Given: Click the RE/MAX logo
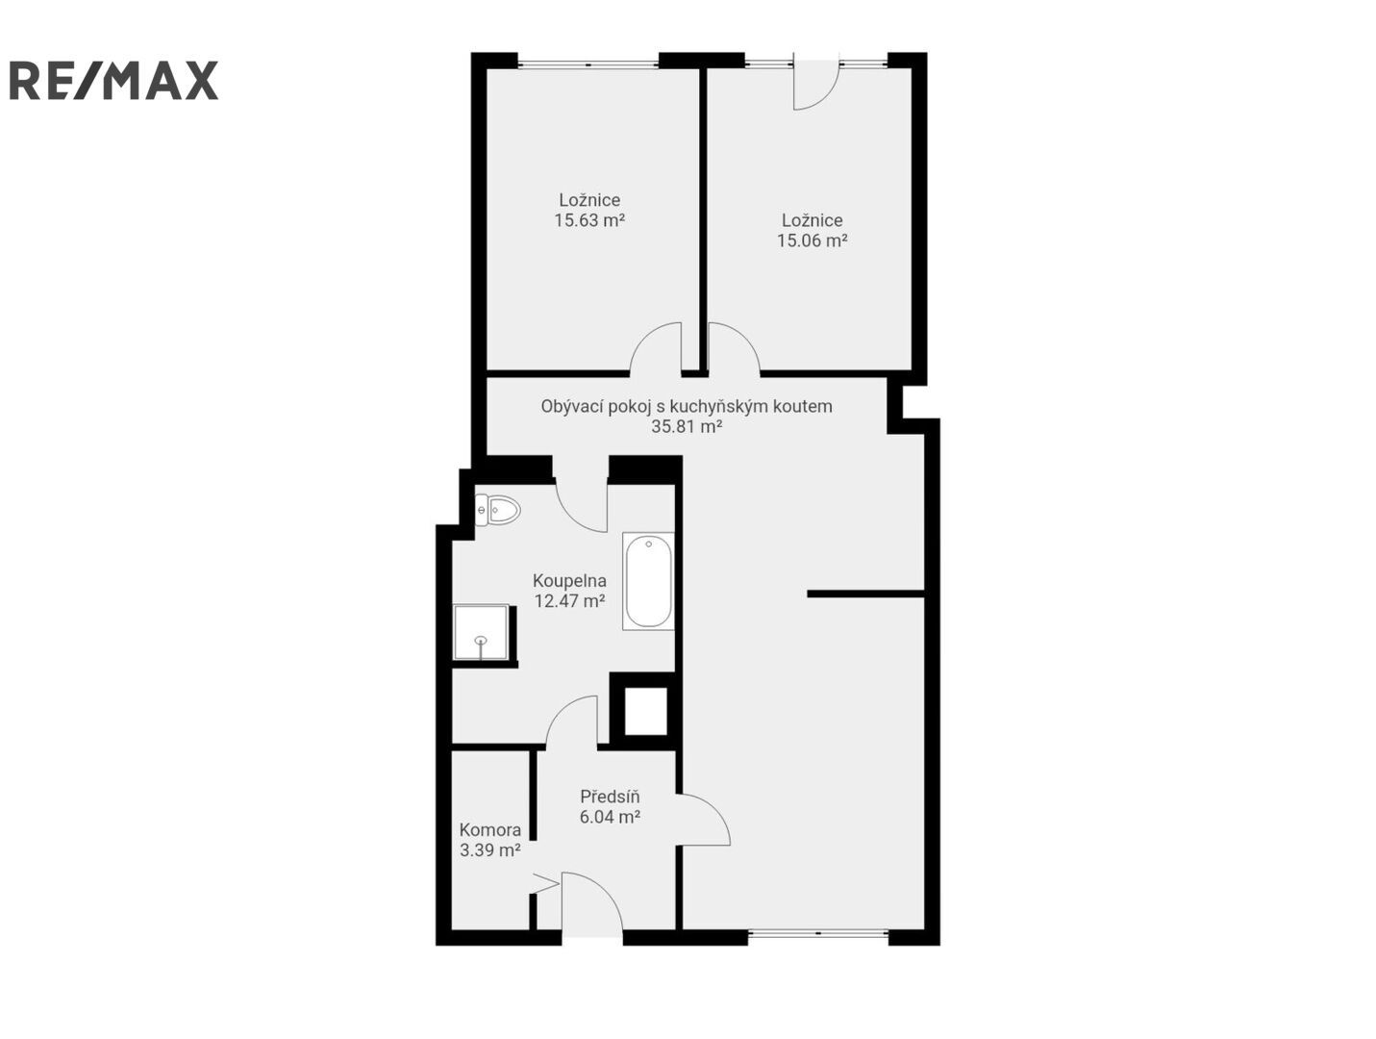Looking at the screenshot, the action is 113,80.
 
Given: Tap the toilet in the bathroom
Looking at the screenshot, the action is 497,509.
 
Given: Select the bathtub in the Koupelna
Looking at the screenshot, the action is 648,581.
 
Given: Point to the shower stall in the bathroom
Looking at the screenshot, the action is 482,631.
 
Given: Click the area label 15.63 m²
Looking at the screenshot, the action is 589,220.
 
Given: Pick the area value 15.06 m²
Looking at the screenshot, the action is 813,241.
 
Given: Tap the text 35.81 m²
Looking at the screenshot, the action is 688,426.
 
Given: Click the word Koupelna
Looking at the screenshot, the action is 569,580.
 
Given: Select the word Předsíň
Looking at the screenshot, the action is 610,797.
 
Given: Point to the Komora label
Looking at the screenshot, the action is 490,829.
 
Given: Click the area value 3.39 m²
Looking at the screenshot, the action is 490,850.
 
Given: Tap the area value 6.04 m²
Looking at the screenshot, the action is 610,817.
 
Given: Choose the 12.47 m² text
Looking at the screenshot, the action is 569,600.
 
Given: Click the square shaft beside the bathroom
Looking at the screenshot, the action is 645,710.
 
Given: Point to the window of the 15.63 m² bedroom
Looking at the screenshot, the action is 588,63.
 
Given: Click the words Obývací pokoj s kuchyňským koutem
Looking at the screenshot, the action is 687,406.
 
